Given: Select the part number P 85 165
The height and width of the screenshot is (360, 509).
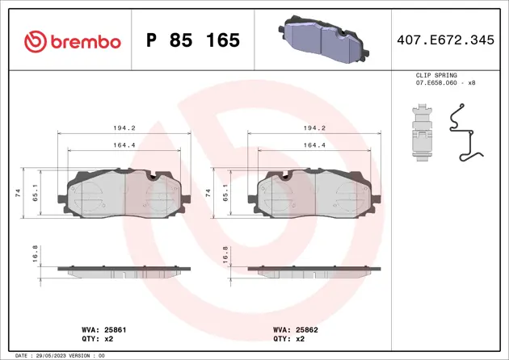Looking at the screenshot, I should (x=193, y=40).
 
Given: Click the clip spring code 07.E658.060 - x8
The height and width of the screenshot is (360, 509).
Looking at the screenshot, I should (x=445, y=82).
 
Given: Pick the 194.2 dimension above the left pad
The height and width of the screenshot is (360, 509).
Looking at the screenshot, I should (x=124, y=128).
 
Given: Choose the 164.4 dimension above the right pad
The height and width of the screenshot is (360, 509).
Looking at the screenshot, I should (x=313, y=145).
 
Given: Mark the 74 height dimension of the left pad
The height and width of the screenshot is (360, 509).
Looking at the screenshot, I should (x=18, y=194).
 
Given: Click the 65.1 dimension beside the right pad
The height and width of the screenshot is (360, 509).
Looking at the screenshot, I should (x=225, y=194).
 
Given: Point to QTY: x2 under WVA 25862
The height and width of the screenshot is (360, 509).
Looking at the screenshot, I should (x=289, y=339).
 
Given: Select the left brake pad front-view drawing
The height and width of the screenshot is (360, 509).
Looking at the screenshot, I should (x=124, y=194).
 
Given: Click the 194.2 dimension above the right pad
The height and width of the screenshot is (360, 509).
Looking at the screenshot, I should (x=313, y=128).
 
